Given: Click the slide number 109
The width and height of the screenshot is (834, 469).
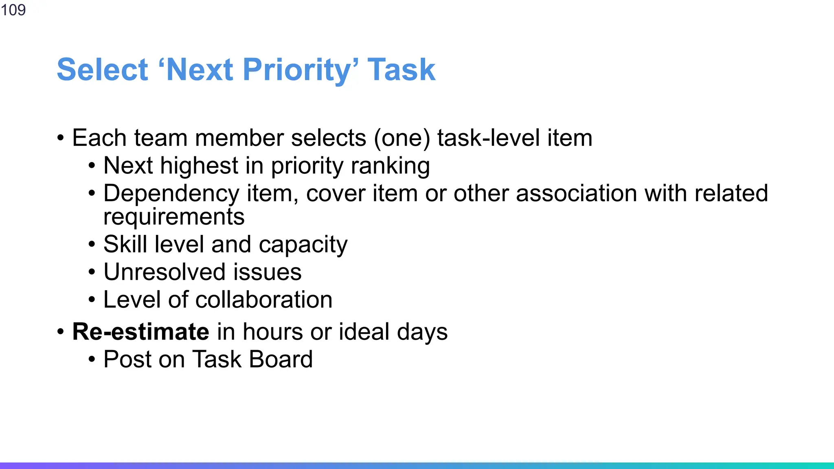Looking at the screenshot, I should coord(13,10).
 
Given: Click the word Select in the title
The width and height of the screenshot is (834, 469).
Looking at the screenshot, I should coord(102,70).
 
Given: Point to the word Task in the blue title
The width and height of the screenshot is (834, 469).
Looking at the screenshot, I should coord(401,70).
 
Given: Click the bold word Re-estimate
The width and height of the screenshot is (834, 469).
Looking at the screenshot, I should coord(140,331).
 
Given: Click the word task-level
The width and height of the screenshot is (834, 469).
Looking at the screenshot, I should coord(488,138).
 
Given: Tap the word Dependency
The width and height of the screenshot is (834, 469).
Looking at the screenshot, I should coord(171,194).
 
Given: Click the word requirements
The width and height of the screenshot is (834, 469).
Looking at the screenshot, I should coord(174,217).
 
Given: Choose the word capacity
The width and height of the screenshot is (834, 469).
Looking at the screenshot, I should coord(303,245).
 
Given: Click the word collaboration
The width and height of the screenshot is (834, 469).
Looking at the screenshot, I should coord(264,300).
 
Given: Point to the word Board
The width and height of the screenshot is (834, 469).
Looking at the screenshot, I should coord(281,359).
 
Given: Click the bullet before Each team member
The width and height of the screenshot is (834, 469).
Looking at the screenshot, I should coord(61,138).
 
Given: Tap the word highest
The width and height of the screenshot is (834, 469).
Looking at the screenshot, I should coord(199,166).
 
